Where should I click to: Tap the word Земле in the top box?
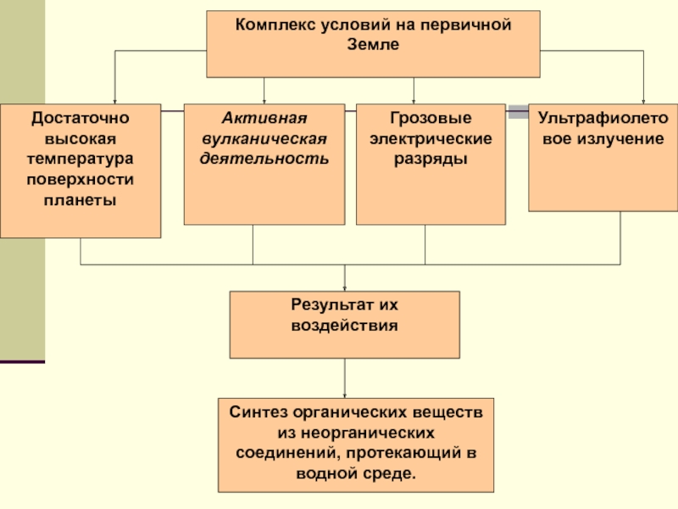tap(373, 45)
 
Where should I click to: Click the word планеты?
tap(80, 200)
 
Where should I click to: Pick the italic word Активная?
tap(264, 119)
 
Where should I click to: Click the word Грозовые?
tap(431, 119)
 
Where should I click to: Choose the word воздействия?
tap(344, 324)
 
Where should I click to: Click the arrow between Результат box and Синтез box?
tap(345, 378)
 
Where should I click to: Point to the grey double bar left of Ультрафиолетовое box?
tap(518, 111)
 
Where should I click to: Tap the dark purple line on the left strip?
tap(22, 362)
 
